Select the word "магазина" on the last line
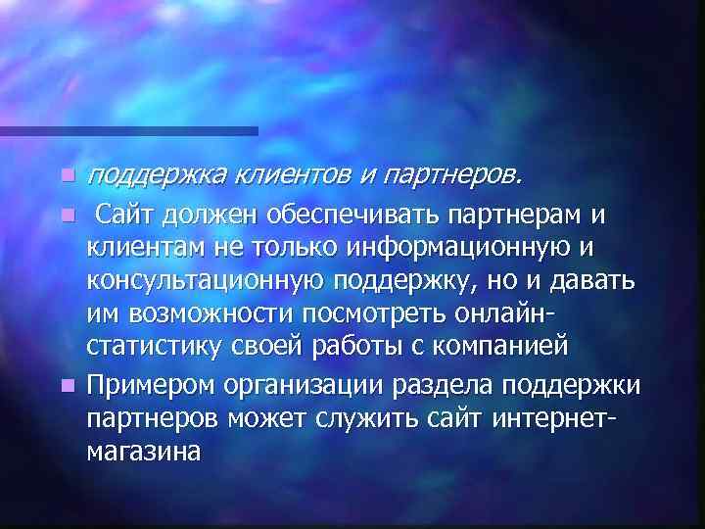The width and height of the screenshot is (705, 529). [x=144, y=452]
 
